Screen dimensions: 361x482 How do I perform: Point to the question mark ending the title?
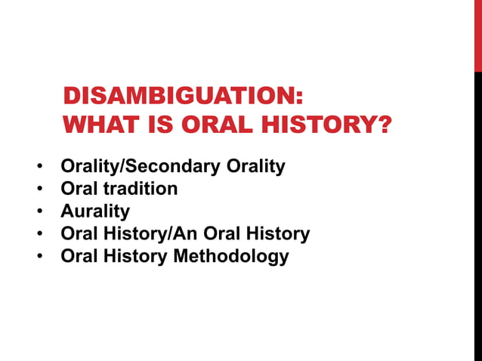pos(385,124)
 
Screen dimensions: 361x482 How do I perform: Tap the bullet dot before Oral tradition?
pos(39,189)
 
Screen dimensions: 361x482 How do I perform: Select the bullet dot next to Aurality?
pos(39,211)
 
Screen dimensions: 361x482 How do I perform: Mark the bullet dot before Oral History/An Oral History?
pos(39,234)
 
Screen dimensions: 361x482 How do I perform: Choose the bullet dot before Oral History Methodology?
pos(39,257)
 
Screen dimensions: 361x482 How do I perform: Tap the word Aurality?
pos(95,211)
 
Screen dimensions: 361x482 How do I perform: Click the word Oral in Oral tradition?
pos(78,189)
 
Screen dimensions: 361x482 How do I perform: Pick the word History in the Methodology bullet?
pos(134,257)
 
